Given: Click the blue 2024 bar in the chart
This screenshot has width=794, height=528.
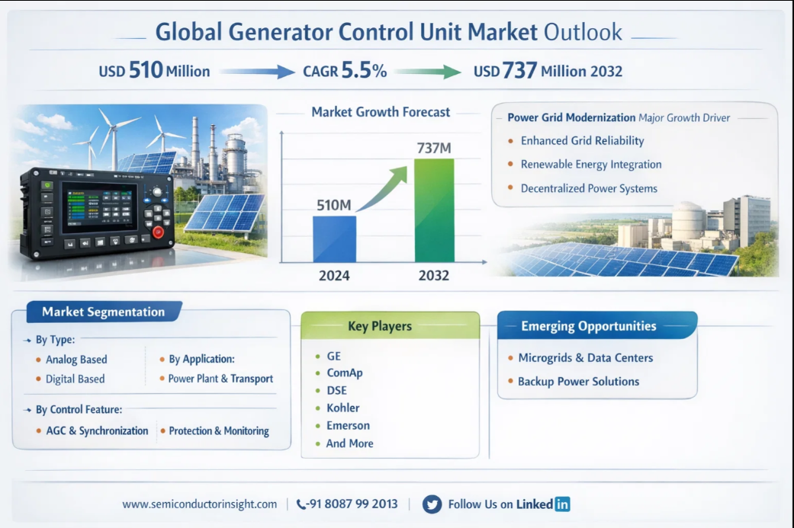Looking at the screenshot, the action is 334,239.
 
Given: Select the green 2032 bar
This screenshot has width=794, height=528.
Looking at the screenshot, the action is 434,210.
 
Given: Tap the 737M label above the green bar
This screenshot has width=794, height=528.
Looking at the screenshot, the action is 433,148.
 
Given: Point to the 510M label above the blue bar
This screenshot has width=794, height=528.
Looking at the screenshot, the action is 334,205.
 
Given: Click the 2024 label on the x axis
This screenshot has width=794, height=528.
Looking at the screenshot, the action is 334,276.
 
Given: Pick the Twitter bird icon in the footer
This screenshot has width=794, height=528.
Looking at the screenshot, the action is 432,504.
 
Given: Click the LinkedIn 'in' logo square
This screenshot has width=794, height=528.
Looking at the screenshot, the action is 562,504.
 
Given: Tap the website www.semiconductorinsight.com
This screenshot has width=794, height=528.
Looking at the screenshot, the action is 200,504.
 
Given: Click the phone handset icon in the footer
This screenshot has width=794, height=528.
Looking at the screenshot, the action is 301,504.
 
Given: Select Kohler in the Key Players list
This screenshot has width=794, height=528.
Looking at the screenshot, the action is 342,408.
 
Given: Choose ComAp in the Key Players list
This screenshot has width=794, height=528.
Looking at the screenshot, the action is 344,373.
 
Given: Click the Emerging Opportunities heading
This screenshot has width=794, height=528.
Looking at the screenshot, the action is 588,326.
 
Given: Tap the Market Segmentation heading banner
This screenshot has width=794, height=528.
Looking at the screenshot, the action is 104,312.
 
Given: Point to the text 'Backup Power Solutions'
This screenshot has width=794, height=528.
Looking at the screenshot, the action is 578,381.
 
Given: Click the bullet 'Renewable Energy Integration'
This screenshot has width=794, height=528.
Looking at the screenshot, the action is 591,165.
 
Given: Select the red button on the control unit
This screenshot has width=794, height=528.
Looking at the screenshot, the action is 159,232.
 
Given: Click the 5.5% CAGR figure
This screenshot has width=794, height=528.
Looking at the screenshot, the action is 364,70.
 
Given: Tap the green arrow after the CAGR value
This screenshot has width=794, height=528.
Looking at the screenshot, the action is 428,72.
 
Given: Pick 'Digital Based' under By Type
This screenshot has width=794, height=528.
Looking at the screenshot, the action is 75,379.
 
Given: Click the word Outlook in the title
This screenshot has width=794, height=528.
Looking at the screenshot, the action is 583,32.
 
